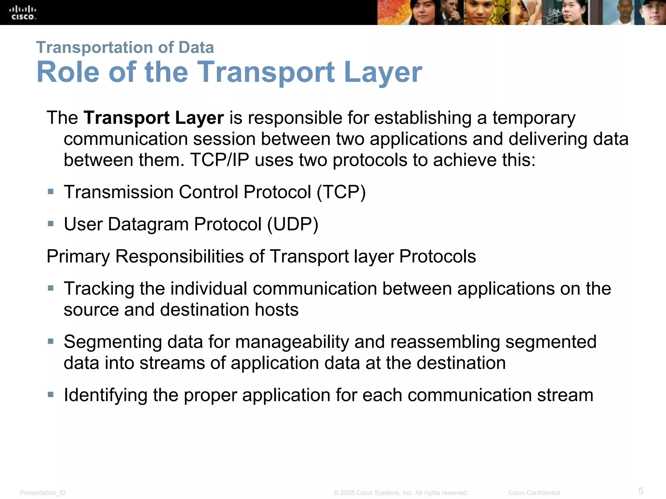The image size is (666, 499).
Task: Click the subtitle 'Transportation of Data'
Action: tap(125, 47)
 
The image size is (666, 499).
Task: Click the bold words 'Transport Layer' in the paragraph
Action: tap(153, 118)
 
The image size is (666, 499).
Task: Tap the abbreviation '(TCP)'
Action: tap(341, 192)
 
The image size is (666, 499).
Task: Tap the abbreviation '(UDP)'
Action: tap(293, 224)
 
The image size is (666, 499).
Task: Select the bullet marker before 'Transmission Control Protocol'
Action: tap(51, 192)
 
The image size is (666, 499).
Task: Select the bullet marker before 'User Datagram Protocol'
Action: tap(51, 224)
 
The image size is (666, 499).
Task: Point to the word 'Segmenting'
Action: tap(113, 342)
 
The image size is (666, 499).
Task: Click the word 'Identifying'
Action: tap(105, 395)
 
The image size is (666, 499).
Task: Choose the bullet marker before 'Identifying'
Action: tap(51, 395)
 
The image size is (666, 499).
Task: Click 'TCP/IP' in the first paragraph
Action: tap(220, 160)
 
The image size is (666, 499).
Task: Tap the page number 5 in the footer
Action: tap(641, 491)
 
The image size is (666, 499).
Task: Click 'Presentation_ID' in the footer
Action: tap(43, 493)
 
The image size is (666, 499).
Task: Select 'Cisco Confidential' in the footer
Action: tap(534, 493)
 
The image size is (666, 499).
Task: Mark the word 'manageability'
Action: tap(292, 342)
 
